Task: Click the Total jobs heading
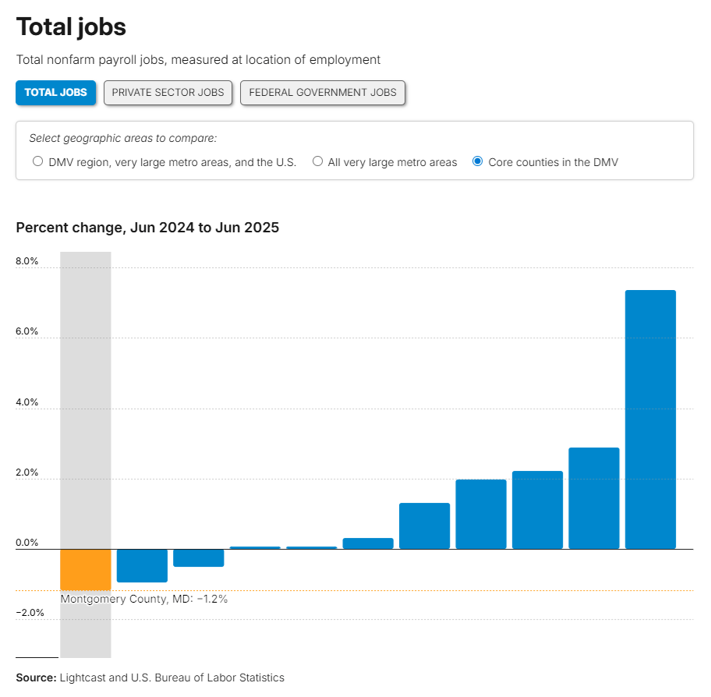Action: click(x=71, y=27)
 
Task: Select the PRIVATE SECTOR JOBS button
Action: click(x=168, y=92)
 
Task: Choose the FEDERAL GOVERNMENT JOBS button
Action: click(x=323, y=92)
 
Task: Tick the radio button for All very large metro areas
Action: click(x=318, y=162)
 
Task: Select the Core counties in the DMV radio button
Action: click(x=478, y=162)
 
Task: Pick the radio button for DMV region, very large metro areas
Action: click(x=37, y=162)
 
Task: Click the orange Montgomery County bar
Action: click(x=86, y=568)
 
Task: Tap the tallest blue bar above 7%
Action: click(x=650, y=419)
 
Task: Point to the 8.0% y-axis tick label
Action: click(x=27, y=261)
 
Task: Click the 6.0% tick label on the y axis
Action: click(x=27, y=331)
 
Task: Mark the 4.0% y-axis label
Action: click(x=27, y=402)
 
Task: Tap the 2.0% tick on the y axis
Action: click(x=27, y=472)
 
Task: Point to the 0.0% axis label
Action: click(x=27, y=543)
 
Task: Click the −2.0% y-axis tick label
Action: click(x=30, y=613)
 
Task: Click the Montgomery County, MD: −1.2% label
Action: click(x=144, y=599)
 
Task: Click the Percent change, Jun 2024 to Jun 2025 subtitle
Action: click(x=147, y=228)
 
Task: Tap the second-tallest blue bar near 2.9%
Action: click(x=594, y=498)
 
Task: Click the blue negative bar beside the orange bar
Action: click(x=142, y=565)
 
